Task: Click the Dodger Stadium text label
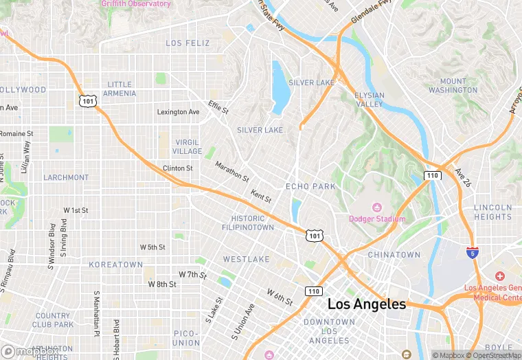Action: [377, 219]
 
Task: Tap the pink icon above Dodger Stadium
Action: [376, 207]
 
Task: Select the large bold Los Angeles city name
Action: [367, 304]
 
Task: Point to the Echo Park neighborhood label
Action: [310, 186]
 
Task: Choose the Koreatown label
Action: [116, 265]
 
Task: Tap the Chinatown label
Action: [394, 255]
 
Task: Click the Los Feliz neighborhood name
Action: [188, 43]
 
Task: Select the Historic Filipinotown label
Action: [247, 223]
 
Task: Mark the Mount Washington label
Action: [453, 86]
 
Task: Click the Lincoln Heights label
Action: [492, 212]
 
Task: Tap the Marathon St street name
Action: [231, 171]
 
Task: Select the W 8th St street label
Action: [162, 284]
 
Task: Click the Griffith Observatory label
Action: [135, 4]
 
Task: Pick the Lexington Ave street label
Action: [178, 112]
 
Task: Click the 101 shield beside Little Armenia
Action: [87, 101]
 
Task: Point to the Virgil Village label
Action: [188, 146]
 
